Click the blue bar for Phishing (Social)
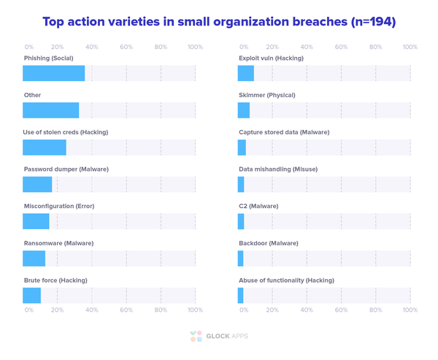coord(53,73)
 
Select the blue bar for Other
coord(50,110)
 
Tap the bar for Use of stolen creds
coord(45,147)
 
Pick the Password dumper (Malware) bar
coord(37,184)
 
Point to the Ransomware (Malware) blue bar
coord(34,258)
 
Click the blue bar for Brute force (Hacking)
coord(31,295)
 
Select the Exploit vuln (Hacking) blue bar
coord(246,73)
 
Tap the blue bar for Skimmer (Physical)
coord(244,110)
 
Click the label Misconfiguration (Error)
coord(58,206)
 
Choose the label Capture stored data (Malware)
coord(284,132)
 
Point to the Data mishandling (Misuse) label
coord(278,169)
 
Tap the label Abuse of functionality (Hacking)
coord(286,280)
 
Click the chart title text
coord(219,22)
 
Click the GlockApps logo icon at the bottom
coord(195,336)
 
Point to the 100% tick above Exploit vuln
coord(410,47)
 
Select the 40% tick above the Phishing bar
coord(92,47)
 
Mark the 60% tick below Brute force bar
coord(126,310)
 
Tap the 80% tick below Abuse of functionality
coord(375,310)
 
